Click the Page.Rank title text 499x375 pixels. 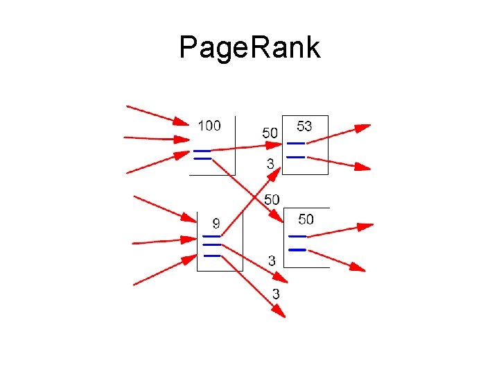click(249, 48)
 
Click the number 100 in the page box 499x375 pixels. click(209, 126)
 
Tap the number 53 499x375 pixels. click(304, 126)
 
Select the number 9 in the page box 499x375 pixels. click(216, 224)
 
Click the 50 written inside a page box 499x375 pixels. click(306, 219)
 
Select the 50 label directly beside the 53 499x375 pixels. click(270, 133)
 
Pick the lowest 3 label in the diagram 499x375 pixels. click(276, 294)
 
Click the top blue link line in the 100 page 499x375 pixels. click(202, 151)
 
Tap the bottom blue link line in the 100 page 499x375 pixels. click(202, 158)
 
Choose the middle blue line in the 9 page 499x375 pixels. click(211, 245)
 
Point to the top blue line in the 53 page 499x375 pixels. click(296, 143)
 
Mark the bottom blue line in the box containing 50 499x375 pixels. click(297, 249)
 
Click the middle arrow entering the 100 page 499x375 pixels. click(156, 139)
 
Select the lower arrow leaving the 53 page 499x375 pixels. click(340, 163)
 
